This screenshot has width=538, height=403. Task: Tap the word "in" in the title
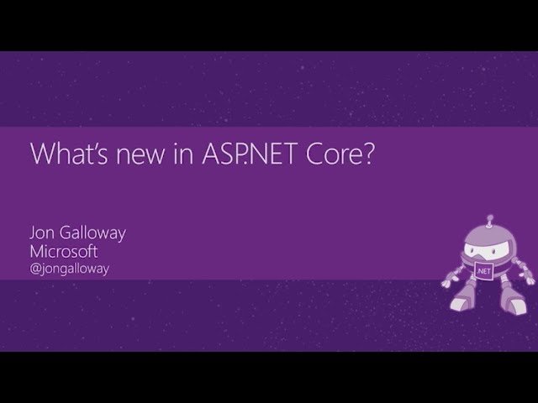[172, 157]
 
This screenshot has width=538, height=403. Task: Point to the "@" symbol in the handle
[35, 270]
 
